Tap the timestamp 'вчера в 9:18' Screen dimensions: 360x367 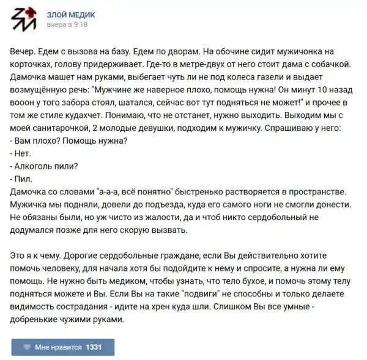pyautogui.click(x=67, y=25)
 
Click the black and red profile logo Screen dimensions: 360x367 pyautogui.click(x=23, y=20)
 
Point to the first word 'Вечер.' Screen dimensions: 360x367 pyautogui.click(x=24, y=51)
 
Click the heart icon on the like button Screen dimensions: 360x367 pyautogui.click(x=27, y=347)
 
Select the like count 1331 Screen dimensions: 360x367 pyautogui.click(x=94, y=347)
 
